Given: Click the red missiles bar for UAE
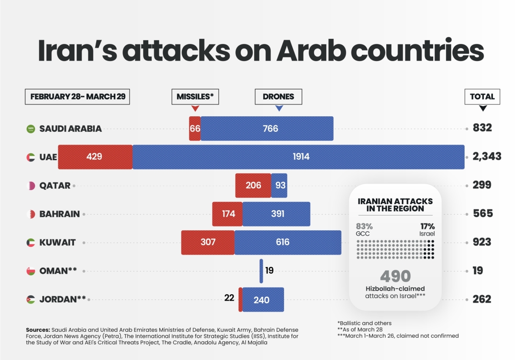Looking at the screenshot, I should point(95,157).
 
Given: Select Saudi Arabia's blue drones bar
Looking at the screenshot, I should point(267,128).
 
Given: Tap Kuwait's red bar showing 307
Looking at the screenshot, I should point(208,242).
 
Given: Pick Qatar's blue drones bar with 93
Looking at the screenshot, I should point(279,185).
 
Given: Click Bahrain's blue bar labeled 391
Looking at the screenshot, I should point(276,214).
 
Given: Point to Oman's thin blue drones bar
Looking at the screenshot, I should point(261,271).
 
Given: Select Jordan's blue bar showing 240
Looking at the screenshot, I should point(263,299).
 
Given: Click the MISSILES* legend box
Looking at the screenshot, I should point(194,97).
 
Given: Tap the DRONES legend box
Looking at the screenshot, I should point(278,97).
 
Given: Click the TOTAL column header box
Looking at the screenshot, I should point(482,97).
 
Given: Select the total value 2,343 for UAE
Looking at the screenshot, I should point(487,157).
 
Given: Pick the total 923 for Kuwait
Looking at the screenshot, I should point(482,242).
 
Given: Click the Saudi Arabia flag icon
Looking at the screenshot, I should point(30,129).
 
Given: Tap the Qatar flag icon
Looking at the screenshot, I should point(30,185).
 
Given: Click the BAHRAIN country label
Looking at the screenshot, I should point(60,214).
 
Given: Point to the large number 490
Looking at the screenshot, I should point(395,276).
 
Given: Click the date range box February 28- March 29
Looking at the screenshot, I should point(77,97).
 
